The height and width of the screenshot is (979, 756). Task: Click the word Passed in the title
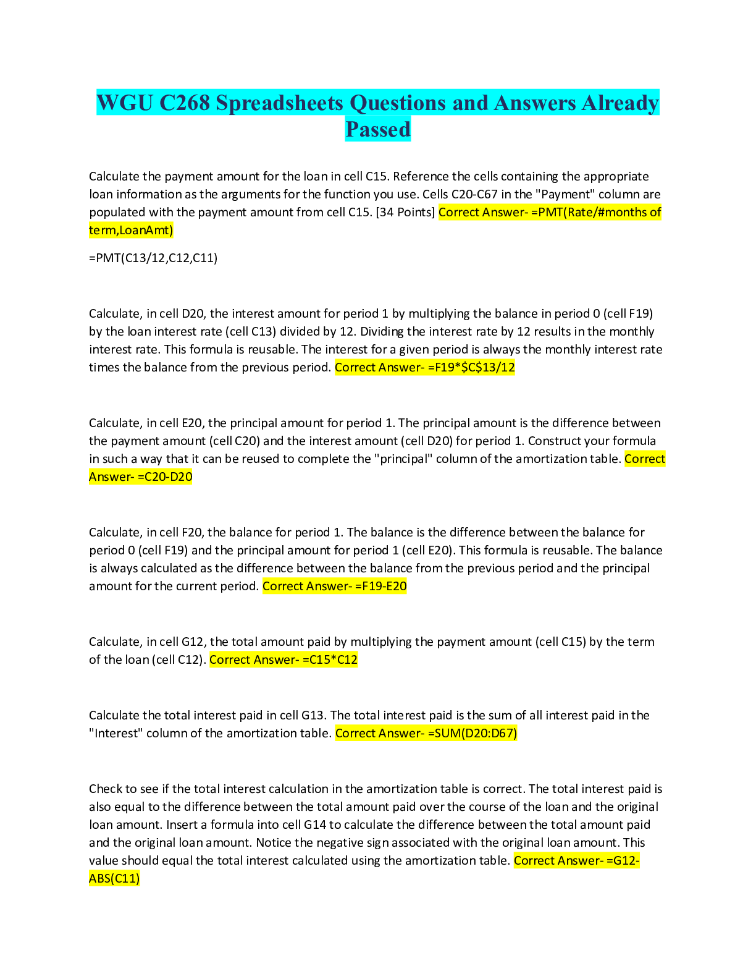click(378, 129)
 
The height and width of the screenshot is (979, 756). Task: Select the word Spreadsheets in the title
click(280, 103)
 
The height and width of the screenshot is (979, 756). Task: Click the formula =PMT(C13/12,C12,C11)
click(153, 258)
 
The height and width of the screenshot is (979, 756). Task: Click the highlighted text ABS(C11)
click(114, 878)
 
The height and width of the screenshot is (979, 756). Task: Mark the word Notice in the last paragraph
click(274, 843)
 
